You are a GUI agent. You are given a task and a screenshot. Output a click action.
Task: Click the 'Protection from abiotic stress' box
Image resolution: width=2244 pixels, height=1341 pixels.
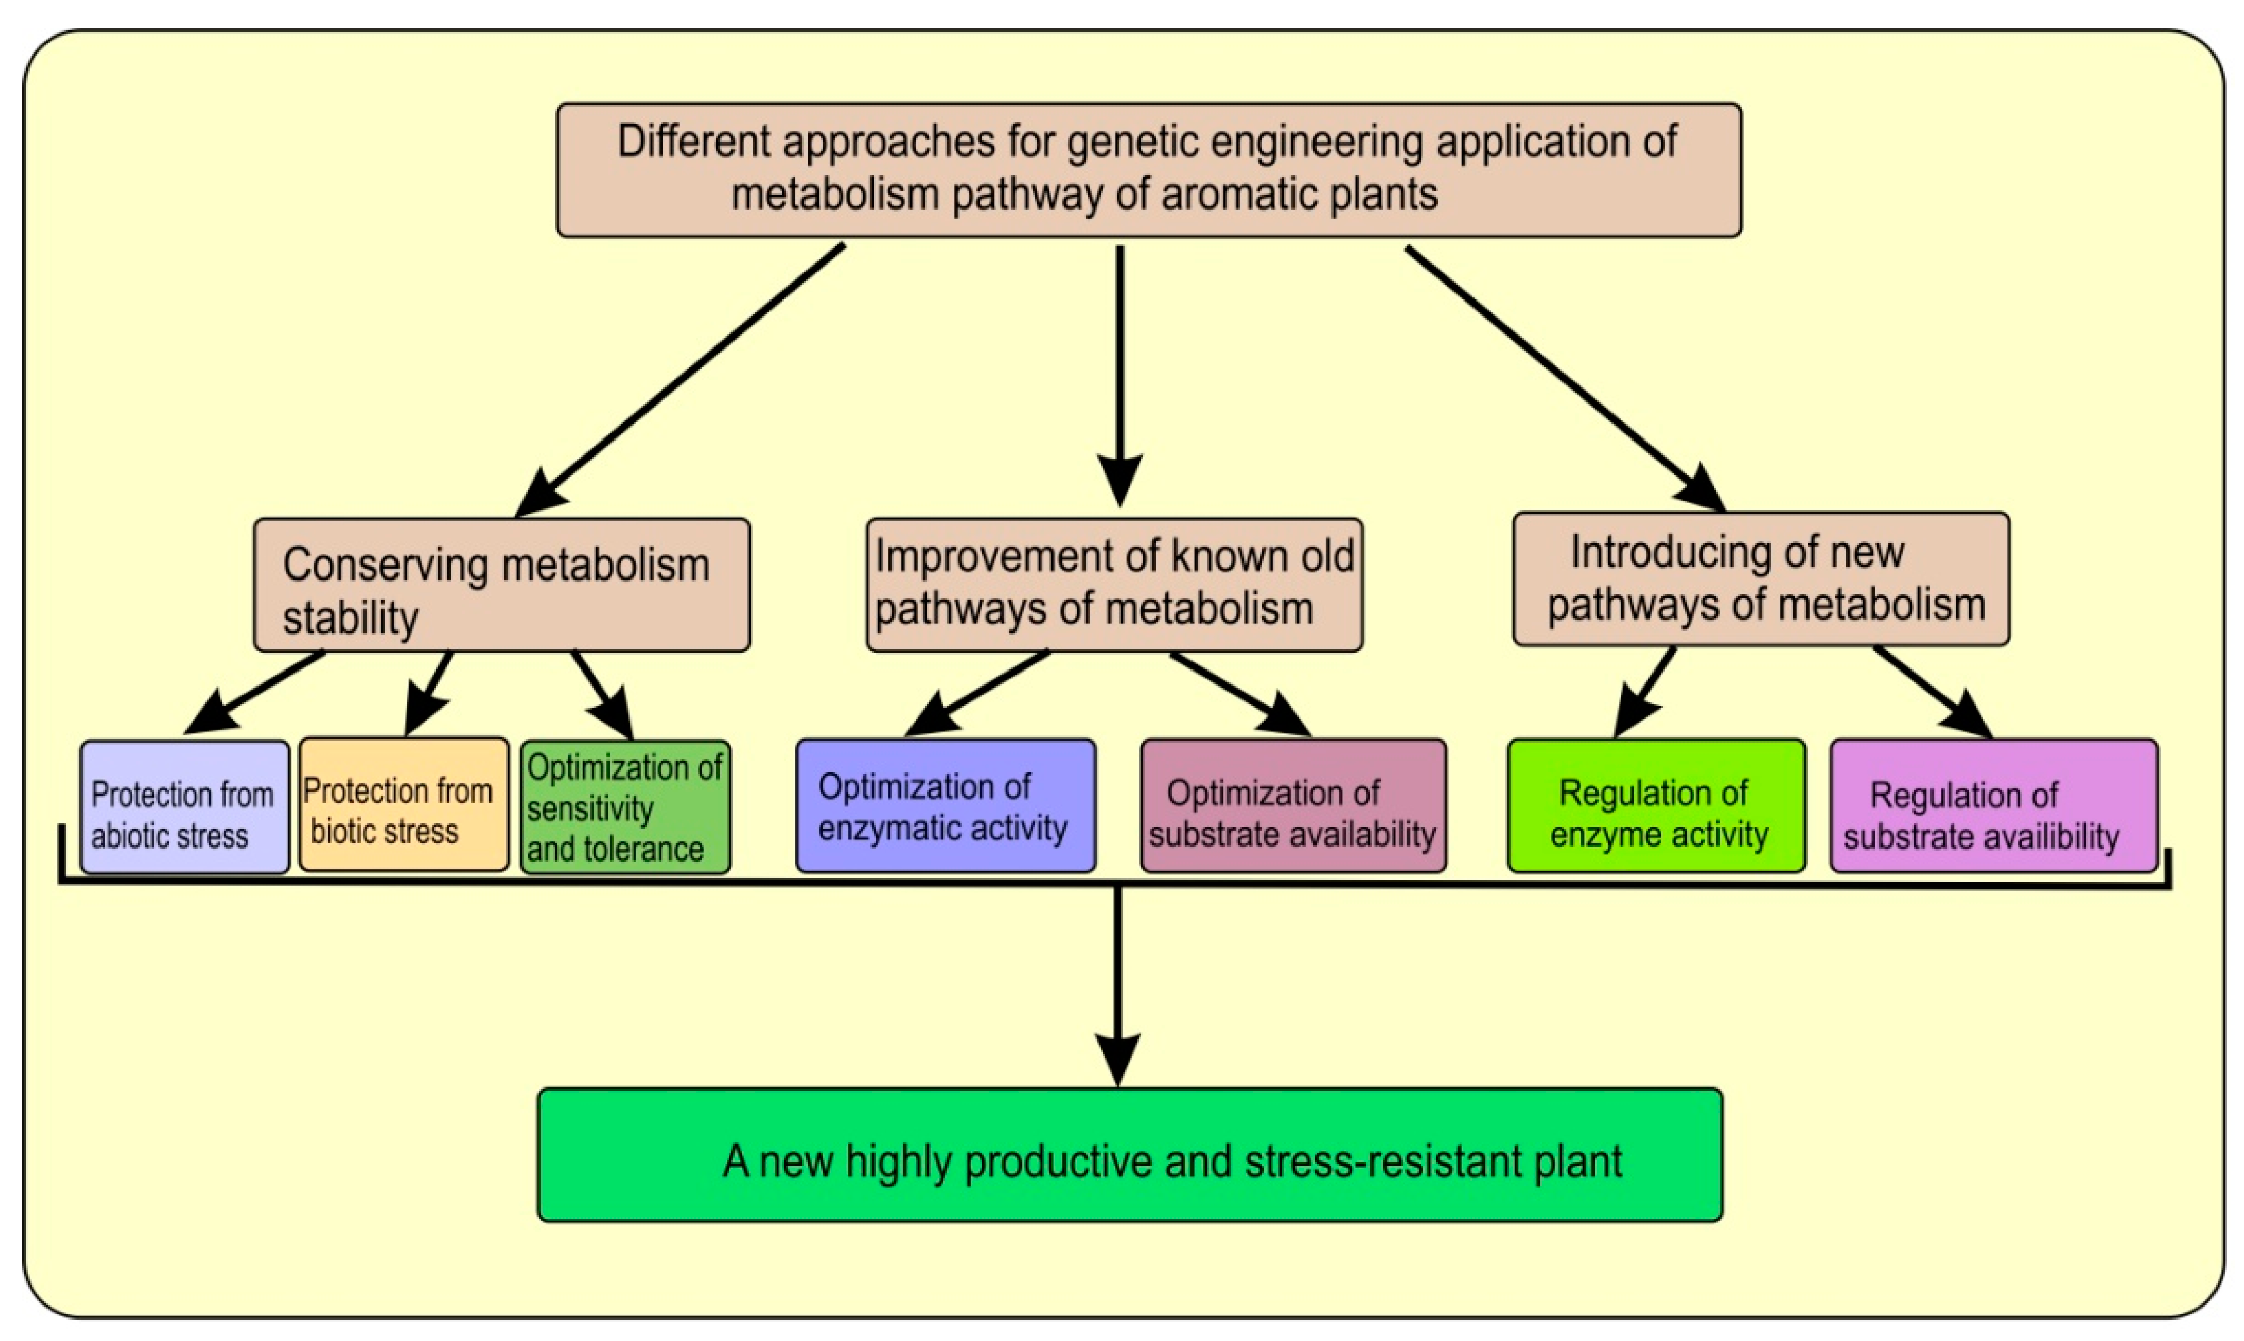184,807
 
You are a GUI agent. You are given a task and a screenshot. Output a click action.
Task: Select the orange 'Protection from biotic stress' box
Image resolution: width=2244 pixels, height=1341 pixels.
403,804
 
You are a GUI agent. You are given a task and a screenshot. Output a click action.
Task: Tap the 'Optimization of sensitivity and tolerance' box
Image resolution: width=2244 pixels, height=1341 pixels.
625,807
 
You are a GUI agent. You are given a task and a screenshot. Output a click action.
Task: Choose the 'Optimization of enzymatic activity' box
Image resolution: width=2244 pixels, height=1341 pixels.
945,806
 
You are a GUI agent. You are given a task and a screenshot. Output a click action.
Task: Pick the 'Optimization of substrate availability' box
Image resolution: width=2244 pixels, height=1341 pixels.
1293,806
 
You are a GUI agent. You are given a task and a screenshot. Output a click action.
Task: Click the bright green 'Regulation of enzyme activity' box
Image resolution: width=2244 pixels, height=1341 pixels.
1656,806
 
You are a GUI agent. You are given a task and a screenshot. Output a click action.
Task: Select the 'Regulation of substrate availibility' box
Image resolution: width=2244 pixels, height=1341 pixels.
1993,806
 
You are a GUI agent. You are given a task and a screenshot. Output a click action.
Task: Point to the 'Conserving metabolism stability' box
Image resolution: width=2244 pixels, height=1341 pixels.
502,585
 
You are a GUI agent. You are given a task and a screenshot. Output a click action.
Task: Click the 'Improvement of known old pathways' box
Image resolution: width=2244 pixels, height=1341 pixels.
1114,585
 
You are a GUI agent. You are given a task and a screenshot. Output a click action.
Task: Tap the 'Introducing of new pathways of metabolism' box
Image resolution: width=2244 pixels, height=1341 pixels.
1760,580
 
